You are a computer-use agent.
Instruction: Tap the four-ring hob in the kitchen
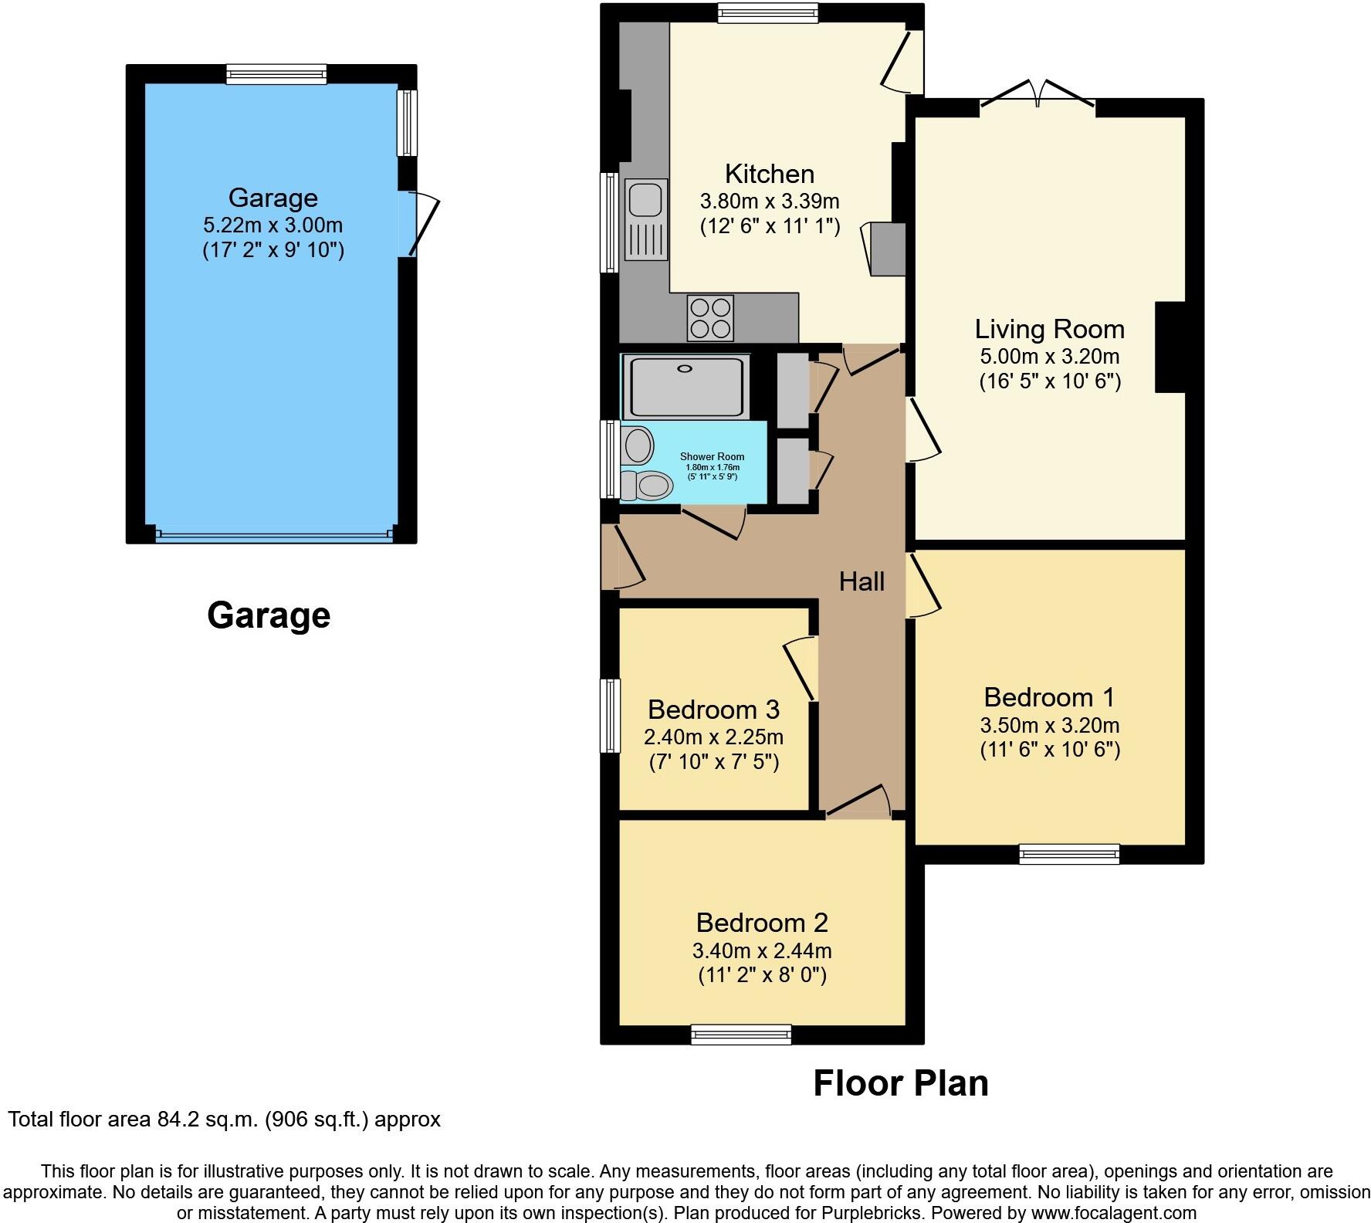coord(710,317)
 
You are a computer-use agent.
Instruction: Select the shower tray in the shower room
coord(685,387)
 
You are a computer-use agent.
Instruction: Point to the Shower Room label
coord(712,457)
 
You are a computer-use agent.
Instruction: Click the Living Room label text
coord(1049,329)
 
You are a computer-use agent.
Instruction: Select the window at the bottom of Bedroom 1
coord(1068,853)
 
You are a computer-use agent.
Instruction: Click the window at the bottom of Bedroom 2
coord(741,1034)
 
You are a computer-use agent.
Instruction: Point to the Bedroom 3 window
coord(611,715)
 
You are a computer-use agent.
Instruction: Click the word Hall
coord(862,581)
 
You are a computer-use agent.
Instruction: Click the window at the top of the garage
coord(276,74)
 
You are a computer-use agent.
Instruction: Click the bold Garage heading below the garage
coord(269,615)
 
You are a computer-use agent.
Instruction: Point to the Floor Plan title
coord(900,1083)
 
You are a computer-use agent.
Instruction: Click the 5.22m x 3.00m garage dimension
coord(273,225)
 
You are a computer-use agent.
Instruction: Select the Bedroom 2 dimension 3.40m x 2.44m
coord(762,950)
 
